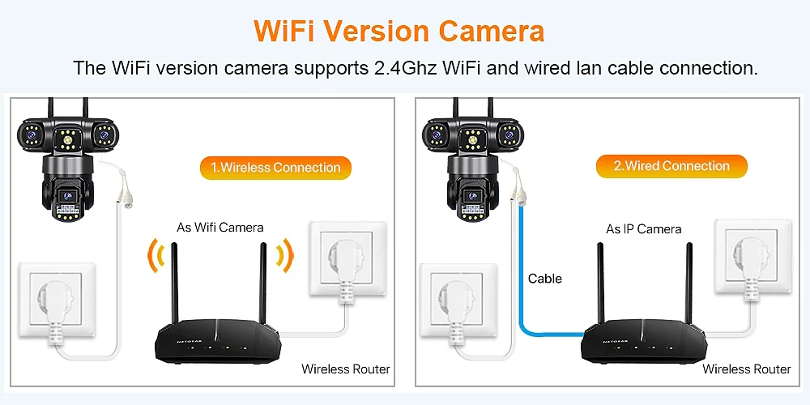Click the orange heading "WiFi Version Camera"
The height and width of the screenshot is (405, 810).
click(399, 32)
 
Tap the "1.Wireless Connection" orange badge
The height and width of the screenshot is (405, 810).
click(275, 168)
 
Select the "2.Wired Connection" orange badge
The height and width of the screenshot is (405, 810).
click(671, 166)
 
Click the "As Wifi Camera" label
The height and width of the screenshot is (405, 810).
click(220, 228)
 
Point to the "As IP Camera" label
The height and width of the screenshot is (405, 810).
click(644, 229)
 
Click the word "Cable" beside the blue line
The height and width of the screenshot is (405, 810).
click(545, 279)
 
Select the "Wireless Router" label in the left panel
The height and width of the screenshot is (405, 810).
click(346, 369)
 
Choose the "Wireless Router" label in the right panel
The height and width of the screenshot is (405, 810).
click(747, 369)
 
